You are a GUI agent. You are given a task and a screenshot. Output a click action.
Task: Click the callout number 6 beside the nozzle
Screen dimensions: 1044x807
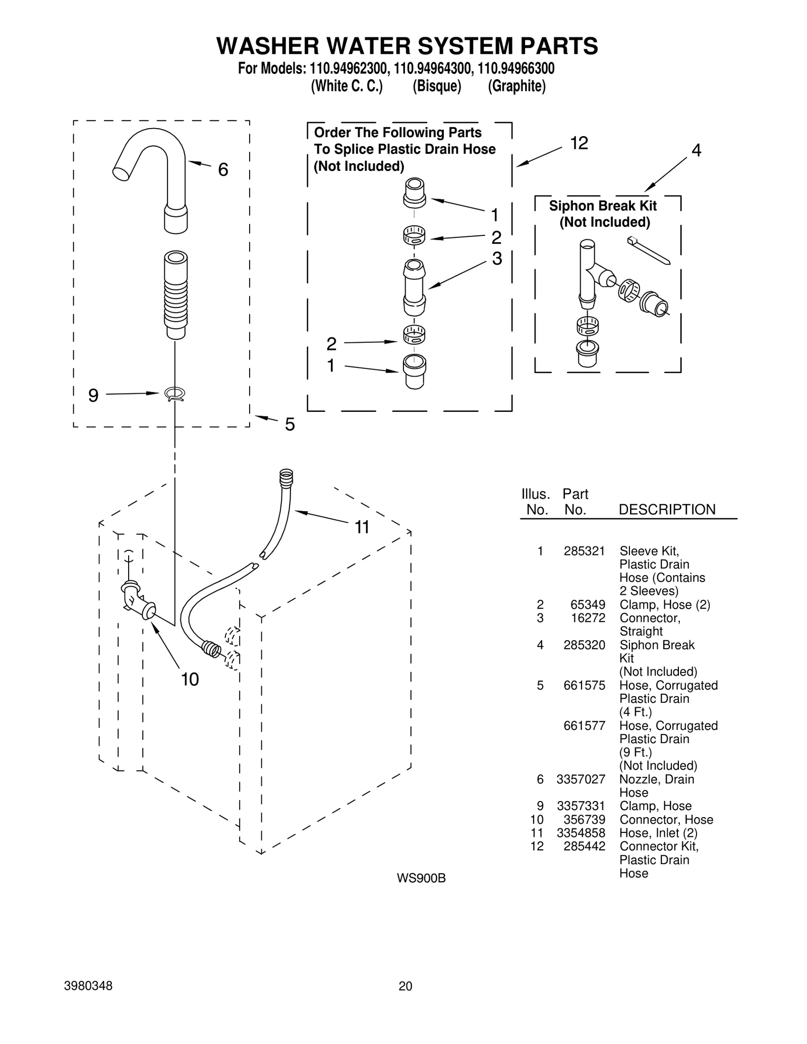(x=223, y=170)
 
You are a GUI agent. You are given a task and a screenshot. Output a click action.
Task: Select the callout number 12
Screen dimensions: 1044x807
(x=579, y=144)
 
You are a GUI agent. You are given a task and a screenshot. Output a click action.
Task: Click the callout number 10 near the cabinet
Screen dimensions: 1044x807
(x=190, y=680)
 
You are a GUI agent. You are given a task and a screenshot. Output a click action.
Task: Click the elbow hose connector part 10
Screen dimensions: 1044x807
(x=137, y=600)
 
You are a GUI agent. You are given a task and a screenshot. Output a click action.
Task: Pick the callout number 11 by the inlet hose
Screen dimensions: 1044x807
(x=362, y=527)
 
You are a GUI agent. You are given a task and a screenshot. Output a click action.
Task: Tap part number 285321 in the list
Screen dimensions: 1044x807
(x=584, y=551)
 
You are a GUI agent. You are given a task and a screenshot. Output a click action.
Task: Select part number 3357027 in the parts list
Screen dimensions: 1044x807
(x=581, y=779)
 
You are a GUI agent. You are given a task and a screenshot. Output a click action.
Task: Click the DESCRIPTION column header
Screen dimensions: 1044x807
(x=667, y=510)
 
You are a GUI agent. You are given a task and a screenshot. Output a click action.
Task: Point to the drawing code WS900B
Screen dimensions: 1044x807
(x=421, y=879)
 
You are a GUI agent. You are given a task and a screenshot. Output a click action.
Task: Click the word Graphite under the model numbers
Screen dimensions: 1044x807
(x=516, y=86)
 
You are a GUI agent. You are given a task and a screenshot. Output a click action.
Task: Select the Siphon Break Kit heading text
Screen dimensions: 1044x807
(x=603, y=206)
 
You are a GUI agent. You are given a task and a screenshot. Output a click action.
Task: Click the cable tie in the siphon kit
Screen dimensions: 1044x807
(x=649, y=250)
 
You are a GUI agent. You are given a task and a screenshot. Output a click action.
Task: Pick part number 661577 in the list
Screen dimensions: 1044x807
(x=584, y=726)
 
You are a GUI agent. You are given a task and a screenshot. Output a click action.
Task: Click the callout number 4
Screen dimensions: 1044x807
(x=696, y=150)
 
